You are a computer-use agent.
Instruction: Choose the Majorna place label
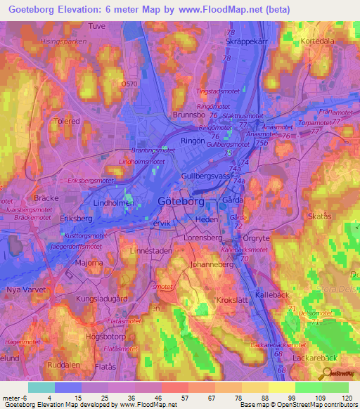pos(89,264)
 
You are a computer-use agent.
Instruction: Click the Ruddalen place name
pos(63,365)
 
